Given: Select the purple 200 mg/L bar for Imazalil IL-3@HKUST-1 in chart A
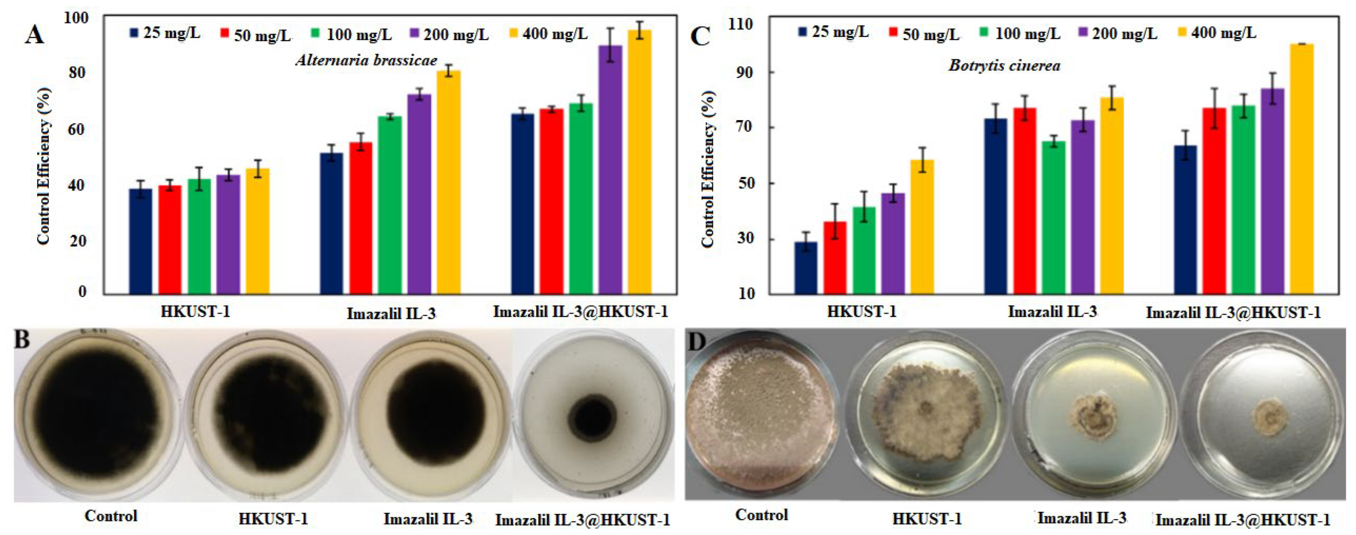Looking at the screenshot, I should (610, 169).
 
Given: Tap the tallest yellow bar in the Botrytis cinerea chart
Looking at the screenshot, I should (1302, 169).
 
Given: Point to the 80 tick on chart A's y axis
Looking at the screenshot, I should (77, 72).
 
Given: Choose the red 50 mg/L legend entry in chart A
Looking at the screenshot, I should (255, 35).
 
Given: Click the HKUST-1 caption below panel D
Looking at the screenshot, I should (926, 519).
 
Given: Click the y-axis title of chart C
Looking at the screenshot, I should (708, 169).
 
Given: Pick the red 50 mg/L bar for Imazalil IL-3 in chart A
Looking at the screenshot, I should (360, 217).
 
